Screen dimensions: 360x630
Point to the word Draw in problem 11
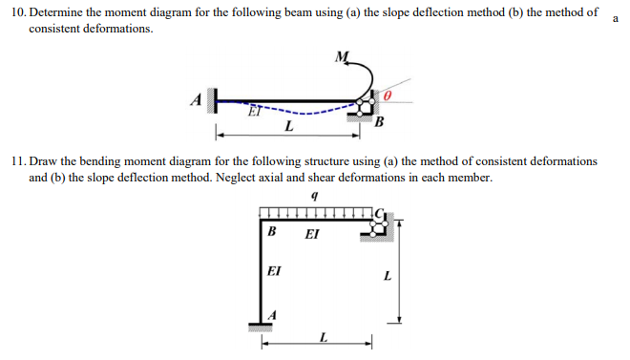[x=50, y=162]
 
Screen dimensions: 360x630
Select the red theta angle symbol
[x=387, y=97]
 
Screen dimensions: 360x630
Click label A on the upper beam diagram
[x=197, y=97]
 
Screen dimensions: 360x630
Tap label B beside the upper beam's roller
[x=379, y=121]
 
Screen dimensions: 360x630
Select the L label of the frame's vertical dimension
[x=387, y=278]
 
